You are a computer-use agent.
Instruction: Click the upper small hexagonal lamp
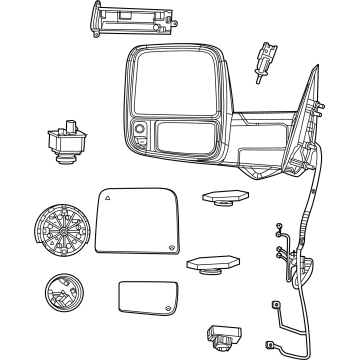pyautogui.click(x=221, y=199)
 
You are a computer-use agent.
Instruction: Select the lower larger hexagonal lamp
pyautogui.click(x=212, y=262)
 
